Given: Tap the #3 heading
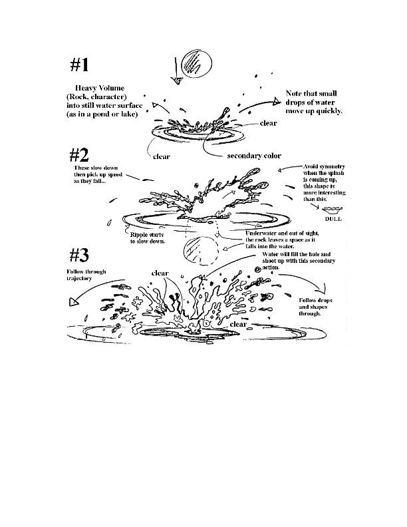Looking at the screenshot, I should tap(83, 256).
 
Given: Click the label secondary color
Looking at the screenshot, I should tap(254, 156).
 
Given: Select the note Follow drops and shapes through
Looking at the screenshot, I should tap(315, 307).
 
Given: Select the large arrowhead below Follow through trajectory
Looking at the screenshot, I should tap(72, 302).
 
